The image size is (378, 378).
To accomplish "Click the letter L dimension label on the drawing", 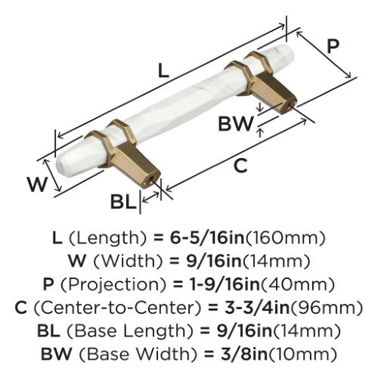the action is coord(163,70).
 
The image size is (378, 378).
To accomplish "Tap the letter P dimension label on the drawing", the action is coord(333,46).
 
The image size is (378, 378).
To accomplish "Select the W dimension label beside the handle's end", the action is coord(37,184).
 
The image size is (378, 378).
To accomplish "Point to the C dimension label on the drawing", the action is coord(240,166).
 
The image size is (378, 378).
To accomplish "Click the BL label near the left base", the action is coord(123,202).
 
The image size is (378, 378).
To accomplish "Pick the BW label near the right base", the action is coord(235,124).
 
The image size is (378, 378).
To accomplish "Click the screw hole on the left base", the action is coord(151,181).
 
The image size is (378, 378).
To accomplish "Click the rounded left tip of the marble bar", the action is coord(58,163).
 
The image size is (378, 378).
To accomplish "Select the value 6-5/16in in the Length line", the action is coord(207,238).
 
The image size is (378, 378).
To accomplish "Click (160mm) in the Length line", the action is coord(285,238).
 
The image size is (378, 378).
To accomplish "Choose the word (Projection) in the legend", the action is coord(113,284).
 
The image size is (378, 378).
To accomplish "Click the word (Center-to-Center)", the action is coord(118,308).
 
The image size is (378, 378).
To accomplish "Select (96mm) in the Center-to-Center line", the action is coord(327,308).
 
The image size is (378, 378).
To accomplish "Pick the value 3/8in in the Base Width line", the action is coord(243,354).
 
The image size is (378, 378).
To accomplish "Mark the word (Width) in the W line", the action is coord(128,262).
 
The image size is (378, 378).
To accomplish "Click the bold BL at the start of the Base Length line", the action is coord(49,331).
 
